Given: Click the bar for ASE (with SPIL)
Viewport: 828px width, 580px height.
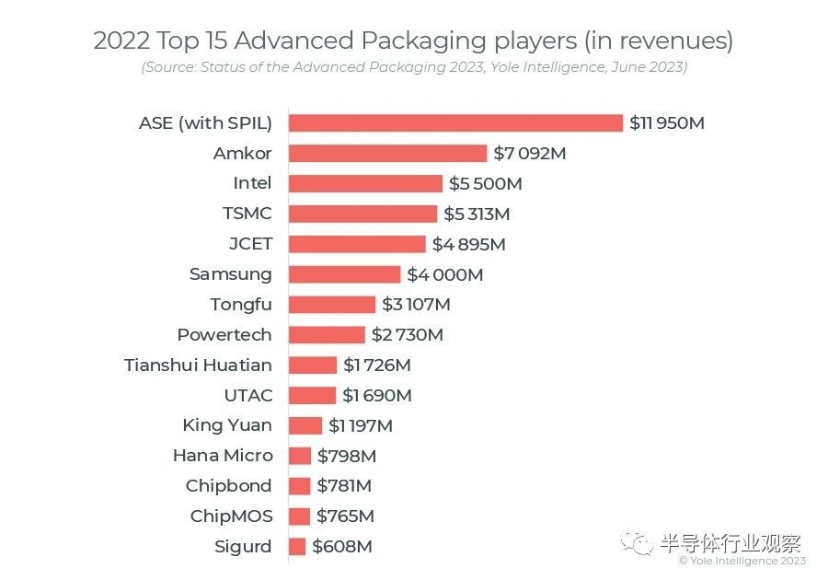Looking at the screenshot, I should tap(455, 122).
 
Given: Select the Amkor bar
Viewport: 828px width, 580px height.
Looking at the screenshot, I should tap(387, 153).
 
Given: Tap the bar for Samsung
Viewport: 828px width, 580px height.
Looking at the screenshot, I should tap(344, 274).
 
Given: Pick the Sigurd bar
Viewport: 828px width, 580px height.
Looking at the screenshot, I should tap(296, 547).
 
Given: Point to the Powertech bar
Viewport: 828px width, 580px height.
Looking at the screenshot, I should tap(327, 335).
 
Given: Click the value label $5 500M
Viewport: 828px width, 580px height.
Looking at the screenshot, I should tap(485, 184).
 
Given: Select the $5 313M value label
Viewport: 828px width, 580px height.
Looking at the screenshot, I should tap(477, 215).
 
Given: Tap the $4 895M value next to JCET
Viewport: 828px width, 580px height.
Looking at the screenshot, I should tap(468, 245).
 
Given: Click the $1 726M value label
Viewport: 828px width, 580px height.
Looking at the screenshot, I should tap(376, 365).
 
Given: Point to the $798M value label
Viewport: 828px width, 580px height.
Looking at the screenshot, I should tap(347, 456).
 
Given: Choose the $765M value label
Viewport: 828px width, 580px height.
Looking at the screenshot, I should tap(345, 516).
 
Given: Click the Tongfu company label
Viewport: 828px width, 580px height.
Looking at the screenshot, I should tap(241, 305).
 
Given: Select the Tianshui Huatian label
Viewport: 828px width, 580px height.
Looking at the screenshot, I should tap(198, 365).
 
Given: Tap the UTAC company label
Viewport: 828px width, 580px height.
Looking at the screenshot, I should tap(248, 396).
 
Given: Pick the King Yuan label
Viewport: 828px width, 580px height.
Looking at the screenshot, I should tap(227, 425).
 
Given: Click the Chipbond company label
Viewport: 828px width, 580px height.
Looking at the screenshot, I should tap(228, 486).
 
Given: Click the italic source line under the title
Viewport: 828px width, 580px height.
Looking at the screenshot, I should tap(414, 67).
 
